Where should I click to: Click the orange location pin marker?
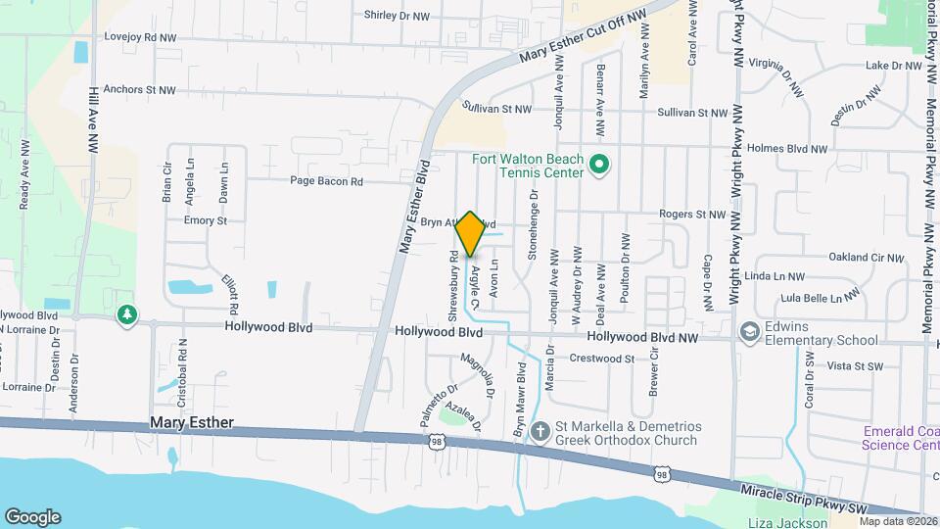tap(470, 233)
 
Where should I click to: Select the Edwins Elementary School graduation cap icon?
tap(750, 332)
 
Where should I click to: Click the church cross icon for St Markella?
tap(539, 431)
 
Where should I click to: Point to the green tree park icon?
tap(126, 315)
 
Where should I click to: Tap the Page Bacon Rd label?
tap(326, 181)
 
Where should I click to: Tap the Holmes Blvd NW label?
tap(787, 149)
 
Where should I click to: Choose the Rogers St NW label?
tap(692, 214)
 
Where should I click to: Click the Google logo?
tap(32, 516)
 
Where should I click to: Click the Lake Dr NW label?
tap(894, 66)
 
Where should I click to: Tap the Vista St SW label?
tap(855, 365)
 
